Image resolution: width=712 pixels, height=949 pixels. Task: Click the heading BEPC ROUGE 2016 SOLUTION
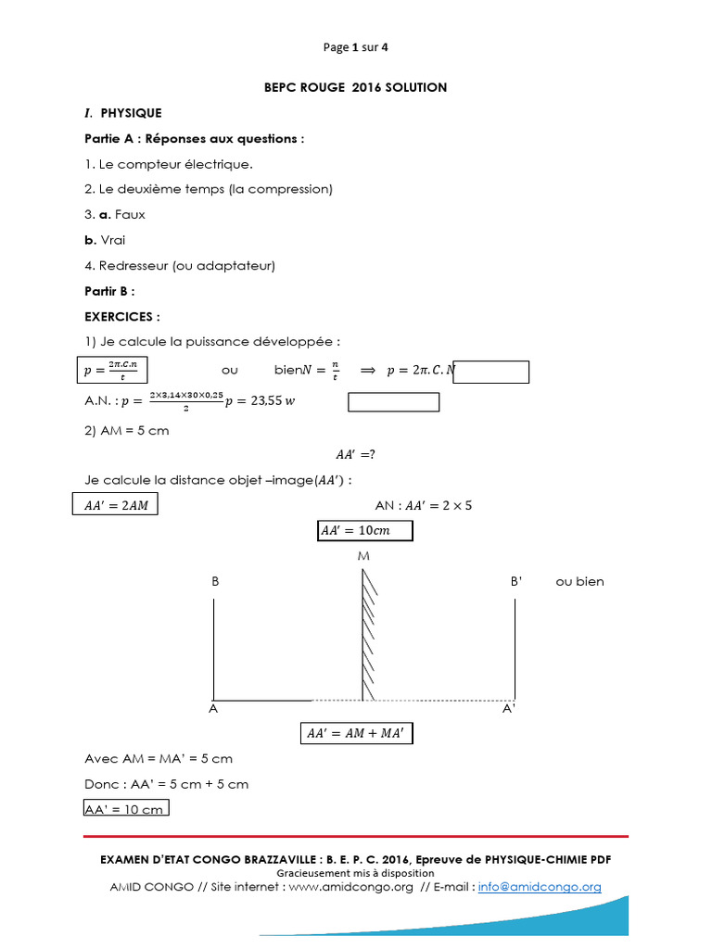(356, 87)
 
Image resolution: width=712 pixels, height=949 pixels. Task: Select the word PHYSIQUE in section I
(131, 113)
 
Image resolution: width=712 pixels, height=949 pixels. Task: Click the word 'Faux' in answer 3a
(130, 214)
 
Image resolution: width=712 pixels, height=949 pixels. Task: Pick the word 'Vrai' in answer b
(112, 240)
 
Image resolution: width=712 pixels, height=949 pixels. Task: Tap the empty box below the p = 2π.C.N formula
(393, 402)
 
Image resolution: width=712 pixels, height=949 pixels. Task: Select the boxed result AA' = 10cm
(363, 530)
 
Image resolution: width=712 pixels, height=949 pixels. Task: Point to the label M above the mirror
(362, 558)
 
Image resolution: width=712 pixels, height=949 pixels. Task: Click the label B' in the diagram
(516, 582)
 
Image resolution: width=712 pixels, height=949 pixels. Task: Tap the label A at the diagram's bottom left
(213, 709)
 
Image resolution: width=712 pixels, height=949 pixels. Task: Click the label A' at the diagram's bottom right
(508, 709)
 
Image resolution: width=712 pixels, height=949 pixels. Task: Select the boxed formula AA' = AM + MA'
(356, 733)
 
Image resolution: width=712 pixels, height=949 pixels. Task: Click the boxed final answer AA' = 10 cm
(125, 809)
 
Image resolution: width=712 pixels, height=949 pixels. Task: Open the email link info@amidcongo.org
(540, 887)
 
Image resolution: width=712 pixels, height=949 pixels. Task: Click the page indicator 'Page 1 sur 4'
(356, 47)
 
